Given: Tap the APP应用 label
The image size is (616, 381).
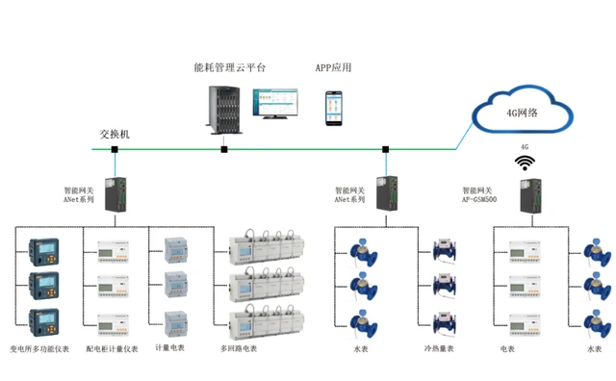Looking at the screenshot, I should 333,67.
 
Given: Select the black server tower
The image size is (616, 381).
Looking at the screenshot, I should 223,111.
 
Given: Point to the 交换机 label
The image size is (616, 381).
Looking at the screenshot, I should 115,134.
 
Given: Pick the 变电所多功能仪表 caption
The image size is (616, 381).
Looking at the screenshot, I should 40,349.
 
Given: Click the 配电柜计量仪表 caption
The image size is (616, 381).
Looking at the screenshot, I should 112,349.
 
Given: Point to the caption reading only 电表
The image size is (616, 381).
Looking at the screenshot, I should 508,349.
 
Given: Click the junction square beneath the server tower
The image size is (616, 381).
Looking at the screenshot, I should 224,149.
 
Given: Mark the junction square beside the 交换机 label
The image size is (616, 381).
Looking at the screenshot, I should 115,149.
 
